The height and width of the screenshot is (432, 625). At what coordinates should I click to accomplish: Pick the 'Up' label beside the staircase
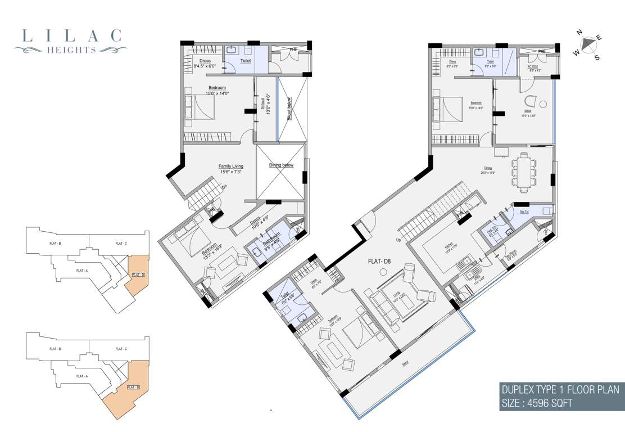coord(398,240)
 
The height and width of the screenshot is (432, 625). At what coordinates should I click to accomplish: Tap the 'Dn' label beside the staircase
coord(224,187)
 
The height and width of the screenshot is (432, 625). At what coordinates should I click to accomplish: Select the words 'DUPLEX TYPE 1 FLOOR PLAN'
coord(560,389)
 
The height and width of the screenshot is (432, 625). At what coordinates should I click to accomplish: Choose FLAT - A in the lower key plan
coord(81,376)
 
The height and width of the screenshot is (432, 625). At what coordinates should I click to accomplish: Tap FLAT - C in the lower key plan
coord(121,349)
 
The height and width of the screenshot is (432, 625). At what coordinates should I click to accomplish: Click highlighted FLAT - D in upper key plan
coord(138,274)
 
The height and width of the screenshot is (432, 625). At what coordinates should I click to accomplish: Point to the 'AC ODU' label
coord(533,68)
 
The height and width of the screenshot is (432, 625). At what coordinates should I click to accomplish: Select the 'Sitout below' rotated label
coord(289,110)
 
